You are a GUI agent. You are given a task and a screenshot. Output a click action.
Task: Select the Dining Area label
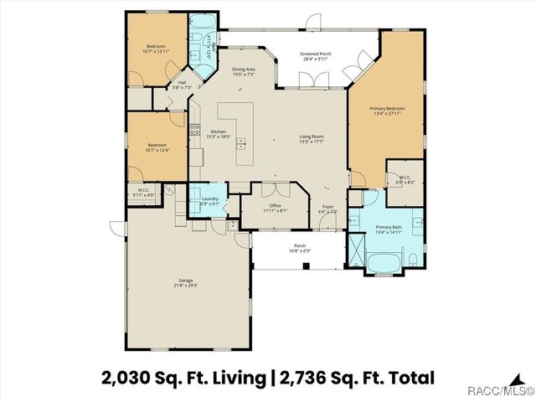(x=243, y=71)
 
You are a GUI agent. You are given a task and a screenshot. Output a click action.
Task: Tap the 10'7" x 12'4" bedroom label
(x=157, y=147)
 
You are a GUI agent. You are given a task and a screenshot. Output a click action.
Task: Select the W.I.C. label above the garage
(x=143, y=193)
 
